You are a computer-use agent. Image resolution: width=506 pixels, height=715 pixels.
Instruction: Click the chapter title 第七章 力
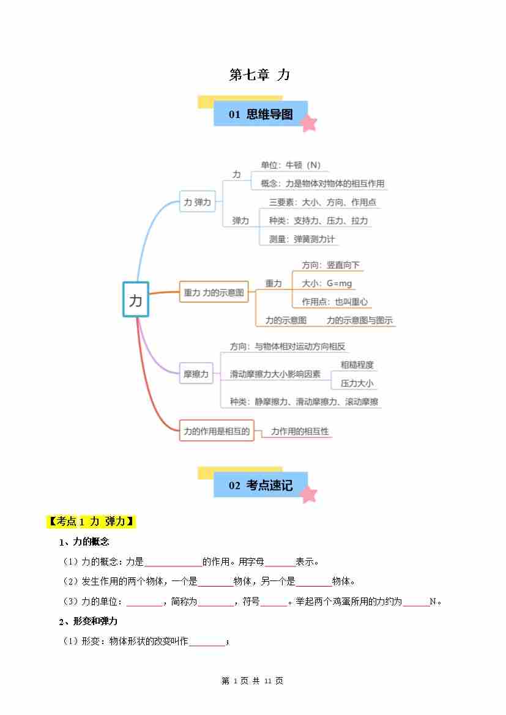[259, 75]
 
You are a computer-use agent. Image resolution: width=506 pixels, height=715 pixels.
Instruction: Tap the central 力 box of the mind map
[136, 299]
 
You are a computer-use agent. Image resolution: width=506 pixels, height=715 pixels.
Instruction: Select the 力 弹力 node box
[197, 202]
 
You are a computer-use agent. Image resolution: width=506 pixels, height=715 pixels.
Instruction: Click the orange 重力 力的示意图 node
[214, 292]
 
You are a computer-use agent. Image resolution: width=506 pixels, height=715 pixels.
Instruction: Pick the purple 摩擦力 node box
[196, 374]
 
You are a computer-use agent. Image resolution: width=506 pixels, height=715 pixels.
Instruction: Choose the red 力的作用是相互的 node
[216, 431]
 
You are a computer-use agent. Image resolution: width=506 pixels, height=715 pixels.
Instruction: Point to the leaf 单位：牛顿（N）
[291, 165]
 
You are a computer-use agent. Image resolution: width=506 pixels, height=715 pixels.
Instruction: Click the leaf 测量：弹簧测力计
[302, 239]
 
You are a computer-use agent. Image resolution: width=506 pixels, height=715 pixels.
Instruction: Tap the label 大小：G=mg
[327, 283]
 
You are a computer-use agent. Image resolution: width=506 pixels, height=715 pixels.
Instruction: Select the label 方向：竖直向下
[330, 265]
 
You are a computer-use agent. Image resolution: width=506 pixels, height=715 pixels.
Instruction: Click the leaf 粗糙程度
[357, 365]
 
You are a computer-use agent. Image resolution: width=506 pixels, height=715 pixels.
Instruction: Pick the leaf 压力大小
[357, 383]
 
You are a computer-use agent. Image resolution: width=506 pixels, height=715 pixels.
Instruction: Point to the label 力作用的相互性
[300, 431]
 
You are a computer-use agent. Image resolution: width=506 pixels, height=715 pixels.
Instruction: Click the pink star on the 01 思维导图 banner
[309, 123]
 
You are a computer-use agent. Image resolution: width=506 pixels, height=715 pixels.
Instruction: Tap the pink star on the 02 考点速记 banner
[309, 494]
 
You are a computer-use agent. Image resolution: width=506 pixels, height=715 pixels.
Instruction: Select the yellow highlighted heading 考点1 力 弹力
[91, 521]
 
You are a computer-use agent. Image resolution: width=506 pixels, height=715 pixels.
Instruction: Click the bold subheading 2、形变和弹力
[88, 621]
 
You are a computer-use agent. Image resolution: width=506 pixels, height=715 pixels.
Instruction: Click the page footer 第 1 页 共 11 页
[252, 681]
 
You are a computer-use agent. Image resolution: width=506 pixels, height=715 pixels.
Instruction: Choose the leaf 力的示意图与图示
[360, 320]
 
